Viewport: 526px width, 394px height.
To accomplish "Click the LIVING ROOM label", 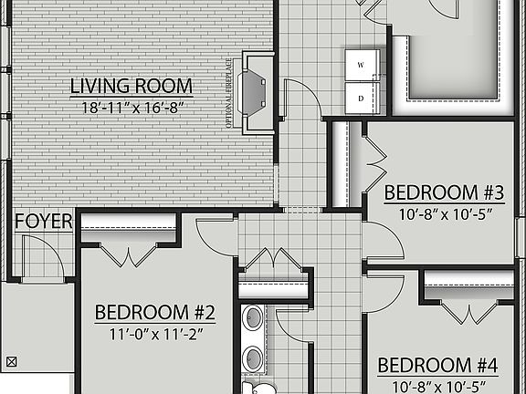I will [131, 87].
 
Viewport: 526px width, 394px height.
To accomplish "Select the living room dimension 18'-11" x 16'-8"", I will [131, 108].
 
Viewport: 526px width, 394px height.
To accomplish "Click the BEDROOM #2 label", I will [155, 313].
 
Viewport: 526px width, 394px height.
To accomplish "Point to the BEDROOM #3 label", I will [444, 192].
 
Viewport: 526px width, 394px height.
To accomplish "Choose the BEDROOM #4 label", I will [438, 366].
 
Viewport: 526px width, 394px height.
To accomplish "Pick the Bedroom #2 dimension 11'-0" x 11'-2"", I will [155, 333].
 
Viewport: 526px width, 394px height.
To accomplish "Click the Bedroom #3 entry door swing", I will [384, 241].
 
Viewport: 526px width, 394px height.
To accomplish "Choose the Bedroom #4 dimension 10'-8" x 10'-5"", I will [438, 386].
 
